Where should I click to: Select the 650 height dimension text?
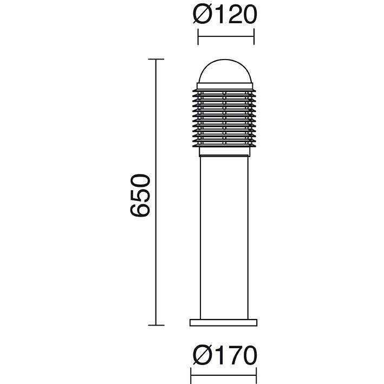[140, 195]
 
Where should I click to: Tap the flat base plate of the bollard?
[224, 322]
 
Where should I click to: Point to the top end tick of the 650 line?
[157, 59]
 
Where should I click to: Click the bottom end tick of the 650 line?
[157, 325]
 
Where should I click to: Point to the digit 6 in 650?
[140, 209]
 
